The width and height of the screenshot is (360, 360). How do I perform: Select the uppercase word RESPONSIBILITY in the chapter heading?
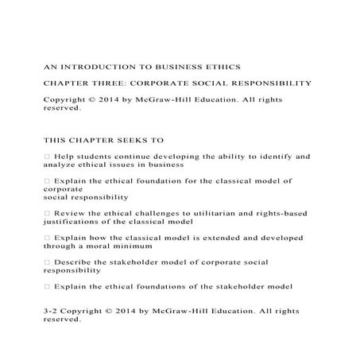271,82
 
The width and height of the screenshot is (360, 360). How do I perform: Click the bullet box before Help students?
48,157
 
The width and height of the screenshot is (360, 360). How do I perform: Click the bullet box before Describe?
48,261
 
